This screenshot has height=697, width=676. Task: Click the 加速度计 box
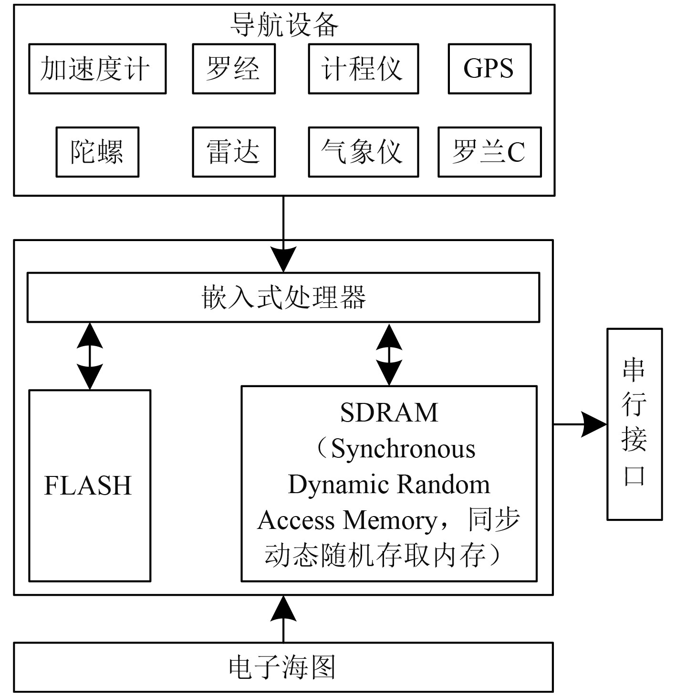pyautogui.click(x=97, y=69)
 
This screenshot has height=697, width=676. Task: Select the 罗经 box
pyautogui.click(x=234, y=69)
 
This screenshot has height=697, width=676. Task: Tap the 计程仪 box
pyautogui.click(x=363, y=69)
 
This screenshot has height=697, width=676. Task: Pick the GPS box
pyautogui.click(x=489, y=69)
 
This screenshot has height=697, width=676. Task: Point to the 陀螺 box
pyautogui.click(x=97, y=152)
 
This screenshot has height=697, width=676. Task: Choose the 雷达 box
pyautogui.click(x=234, y=152)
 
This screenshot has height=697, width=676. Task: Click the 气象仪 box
pyautogui.click(x=363, y=152)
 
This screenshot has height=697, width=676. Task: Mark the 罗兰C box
pyautogui.click(x=489, y=152)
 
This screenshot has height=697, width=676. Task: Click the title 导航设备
pyautogui.click(x=284, y=25)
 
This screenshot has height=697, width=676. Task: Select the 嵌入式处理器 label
pyautogui.click(x=283, y=297)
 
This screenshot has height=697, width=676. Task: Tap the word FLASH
pyautogui.click(x=88, y=486)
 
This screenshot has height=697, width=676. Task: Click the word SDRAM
pyautogui.click(x=389, y=413)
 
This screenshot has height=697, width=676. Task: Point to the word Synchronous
pyautogui.click(x=403, y=449)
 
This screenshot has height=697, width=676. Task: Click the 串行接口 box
pyautogui.click(x=634, y=424)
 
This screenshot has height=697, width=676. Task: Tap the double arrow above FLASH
pyautogui.click(x=90, y=356)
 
